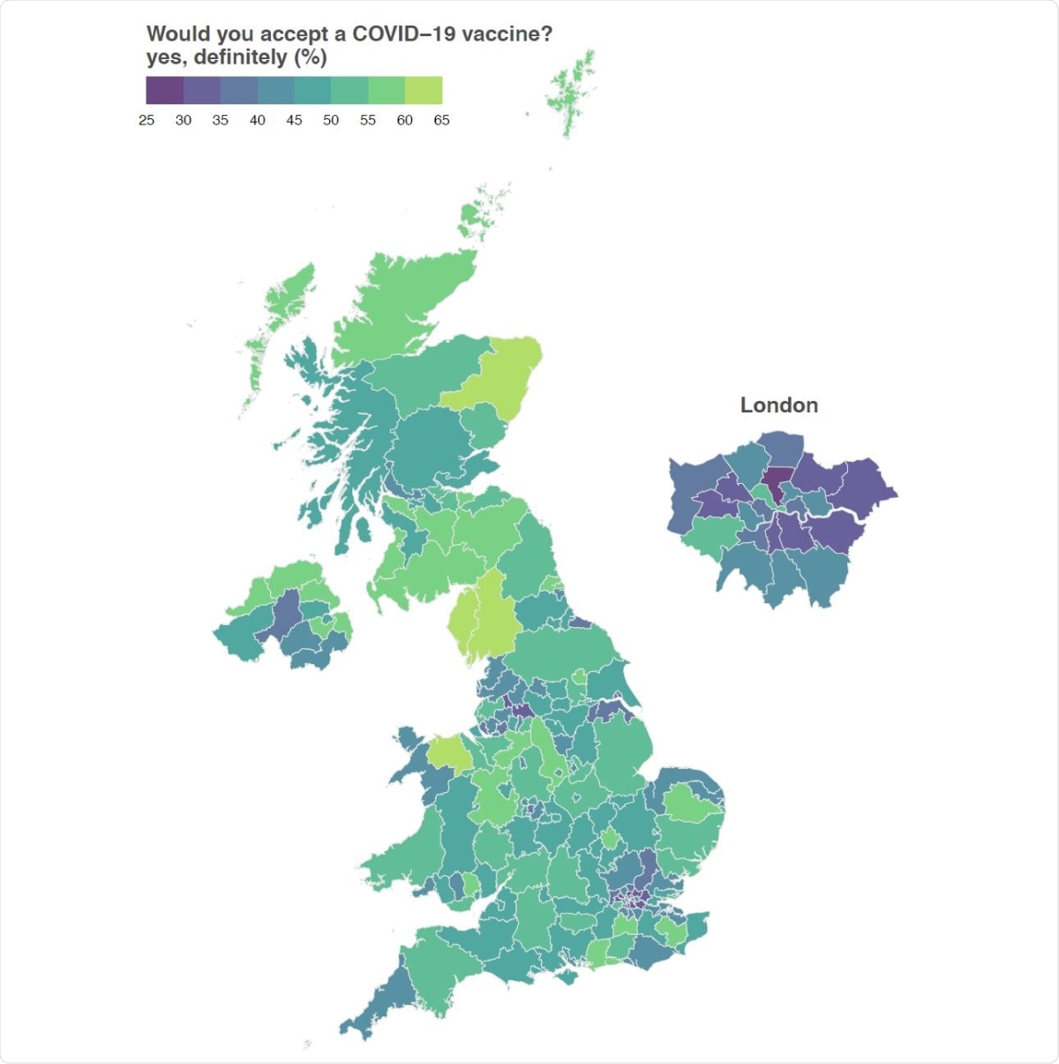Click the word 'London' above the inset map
(778, 405)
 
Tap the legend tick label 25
(146, 120)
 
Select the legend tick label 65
(441, 120)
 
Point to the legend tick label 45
(294, 120)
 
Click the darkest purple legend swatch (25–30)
(165, 90)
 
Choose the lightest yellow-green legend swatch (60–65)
(424, 90)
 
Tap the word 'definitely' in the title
(241, 57)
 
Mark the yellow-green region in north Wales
(450, 752)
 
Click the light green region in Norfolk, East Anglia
(691, 804)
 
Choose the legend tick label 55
(368, 120)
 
